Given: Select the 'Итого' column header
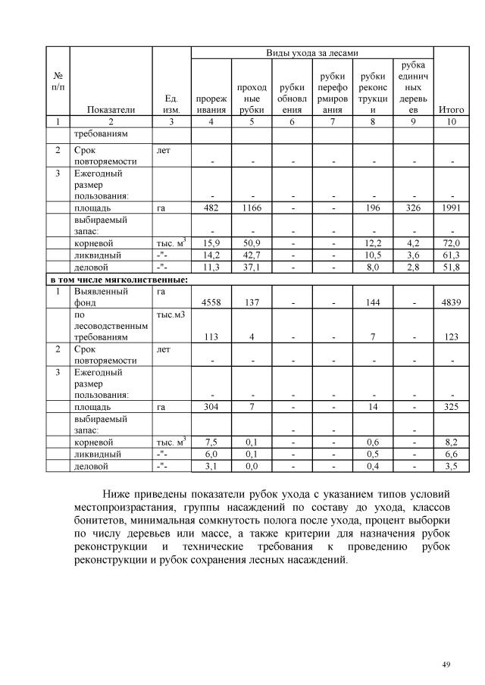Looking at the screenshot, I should [x=452, y=109].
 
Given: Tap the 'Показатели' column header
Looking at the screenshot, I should [x=111, y=109].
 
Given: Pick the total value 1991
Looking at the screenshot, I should [x=452, y=207].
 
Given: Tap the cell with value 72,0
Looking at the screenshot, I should [x=452, y=242].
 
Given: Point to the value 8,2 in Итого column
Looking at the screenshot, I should [x=452, y=442].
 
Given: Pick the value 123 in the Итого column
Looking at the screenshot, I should [x=452, y=338].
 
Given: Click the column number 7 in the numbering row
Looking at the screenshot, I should [x=332, y=121].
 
